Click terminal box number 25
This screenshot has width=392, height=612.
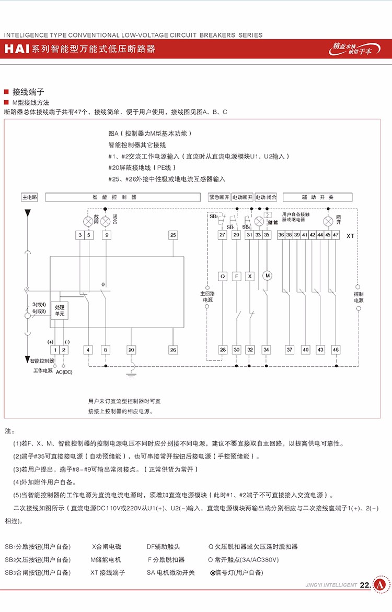coord(174,235)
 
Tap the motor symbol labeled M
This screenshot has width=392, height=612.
coord(268,275)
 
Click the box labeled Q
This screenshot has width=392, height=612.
coord(222,275)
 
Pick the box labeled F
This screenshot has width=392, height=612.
coord(236,275)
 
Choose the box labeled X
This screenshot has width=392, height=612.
coord(250,275)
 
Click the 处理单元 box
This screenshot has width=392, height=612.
coord(59,311)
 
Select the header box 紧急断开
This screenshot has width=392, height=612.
coord(219,198)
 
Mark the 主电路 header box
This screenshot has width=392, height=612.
coord(29,198)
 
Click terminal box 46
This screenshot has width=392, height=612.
coord(336,350)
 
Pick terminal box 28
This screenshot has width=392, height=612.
coord(223,350)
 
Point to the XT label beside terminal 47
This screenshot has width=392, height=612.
coord(350,236)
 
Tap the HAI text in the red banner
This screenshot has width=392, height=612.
coord(17,50)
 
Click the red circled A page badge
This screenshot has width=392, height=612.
coord(381,584)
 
